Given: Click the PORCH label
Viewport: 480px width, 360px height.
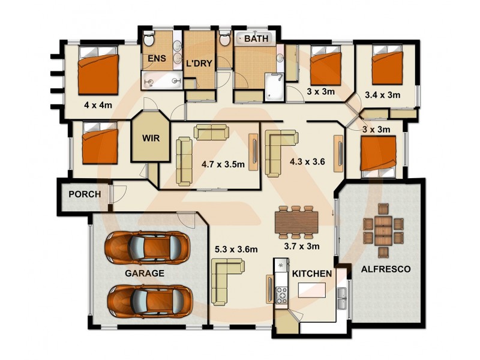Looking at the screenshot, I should click(84, 194).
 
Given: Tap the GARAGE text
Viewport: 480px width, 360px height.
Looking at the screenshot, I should click(145, 273).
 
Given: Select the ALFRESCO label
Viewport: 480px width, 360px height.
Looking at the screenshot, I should click(385, 269).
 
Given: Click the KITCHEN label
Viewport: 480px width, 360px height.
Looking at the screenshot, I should click(312, 274).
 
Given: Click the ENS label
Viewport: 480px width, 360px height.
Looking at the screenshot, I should click(157, 59).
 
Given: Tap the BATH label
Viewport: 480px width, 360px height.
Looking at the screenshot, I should click(257, 38).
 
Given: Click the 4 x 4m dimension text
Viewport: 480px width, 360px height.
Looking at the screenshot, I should click(98, 105).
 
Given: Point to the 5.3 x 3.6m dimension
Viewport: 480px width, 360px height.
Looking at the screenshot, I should click(235, 249).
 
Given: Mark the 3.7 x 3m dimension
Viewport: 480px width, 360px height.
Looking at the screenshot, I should click(301, 246).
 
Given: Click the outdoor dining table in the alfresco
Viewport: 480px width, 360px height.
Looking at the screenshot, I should click(382, 229).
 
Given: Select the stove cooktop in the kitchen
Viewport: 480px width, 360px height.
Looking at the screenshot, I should click(281, 293).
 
